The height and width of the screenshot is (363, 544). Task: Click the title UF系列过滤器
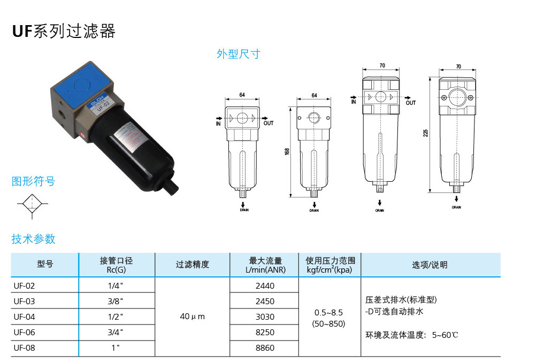64,32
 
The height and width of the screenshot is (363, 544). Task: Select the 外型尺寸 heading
238,54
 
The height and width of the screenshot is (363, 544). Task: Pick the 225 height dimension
426,133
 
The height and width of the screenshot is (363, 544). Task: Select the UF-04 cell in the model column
25,316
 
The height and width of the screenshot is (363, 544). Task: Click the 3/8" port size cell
116,301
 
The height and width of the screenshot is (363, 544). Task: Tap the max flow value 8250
265,332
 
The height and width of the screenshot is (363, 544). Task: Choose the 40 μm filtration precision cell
192,316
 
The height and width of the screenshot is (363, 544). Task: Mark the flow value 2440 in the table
265,285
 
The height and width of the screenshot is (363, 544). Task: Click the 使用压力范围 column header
330,265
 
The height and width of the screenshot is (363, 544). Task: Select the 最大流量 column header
265,265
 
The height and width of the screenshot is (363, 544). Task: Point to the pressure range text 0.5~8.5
328,312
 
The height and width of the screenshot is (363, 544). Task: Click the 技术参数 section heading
34,239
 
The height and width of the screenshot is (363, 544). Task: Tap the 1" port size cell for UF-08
116,347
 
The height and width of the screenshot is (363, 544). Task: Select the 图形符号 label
34,181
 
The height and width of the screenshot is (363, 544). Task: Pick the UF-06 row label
25,332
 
